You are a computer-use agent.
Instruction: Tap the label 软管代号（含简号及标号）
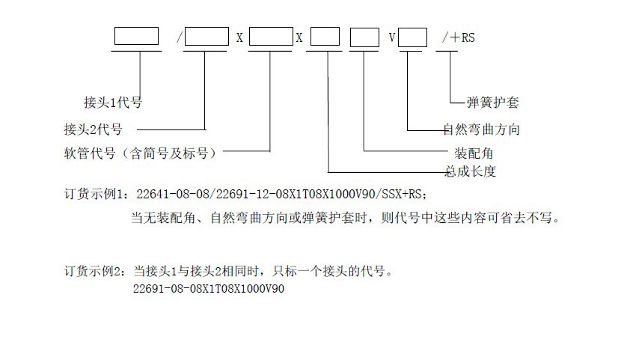tap(143, 154)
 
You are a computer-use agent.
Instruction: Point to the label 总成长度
tap(471, 171)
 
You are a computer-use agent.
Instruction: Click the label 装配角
tap(474, 153)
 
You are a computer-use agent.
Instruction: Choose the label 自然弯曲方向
tap(481, 129)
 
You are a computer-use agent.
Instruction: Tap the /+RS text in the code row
tap(458, 37)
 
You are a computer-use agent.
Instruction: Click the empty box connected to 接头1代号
tap(136, 36)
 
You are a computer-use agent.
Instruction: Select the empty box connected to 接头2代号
tap(206, 36)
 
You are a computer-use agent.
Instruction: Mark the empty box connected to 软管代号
tap(270, 36)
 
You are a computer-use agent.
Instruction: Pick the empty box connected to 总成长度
tap(325, 36)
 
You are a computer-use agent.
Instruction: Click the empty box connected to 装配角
tap(364, 36)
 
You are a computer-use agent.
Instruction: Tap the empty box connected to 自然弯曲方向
tap(413, 36)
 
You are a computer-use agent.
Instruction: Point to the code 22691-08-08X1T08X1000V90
tap(209, 288)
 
